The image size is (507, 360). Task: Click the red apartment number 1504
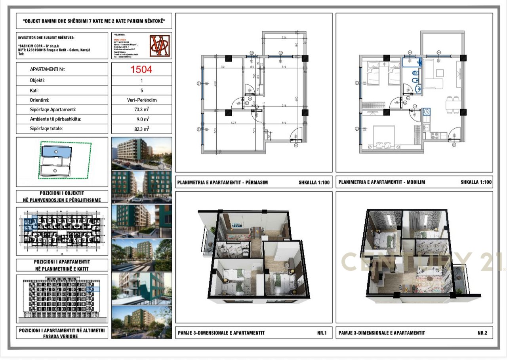[141, 70]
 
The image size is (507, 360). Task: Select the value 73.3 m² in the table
[141, 110]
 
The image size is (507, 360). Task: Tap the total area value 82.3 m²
[141, 129]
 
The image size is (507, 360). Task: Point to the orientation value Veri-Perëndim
[141, 100]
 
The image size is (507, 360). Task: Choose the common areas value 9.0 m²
[141, 119]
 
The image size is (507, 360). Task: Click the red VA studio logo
[160, 46]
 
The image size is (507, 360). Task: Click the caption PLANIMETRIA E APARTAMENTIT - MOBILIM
[381, 183]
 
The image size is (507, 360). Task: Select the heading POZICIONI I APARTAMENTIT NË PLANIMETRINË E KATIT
[62, 265]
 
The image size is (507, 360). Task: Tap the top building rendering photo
[142, 153]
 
